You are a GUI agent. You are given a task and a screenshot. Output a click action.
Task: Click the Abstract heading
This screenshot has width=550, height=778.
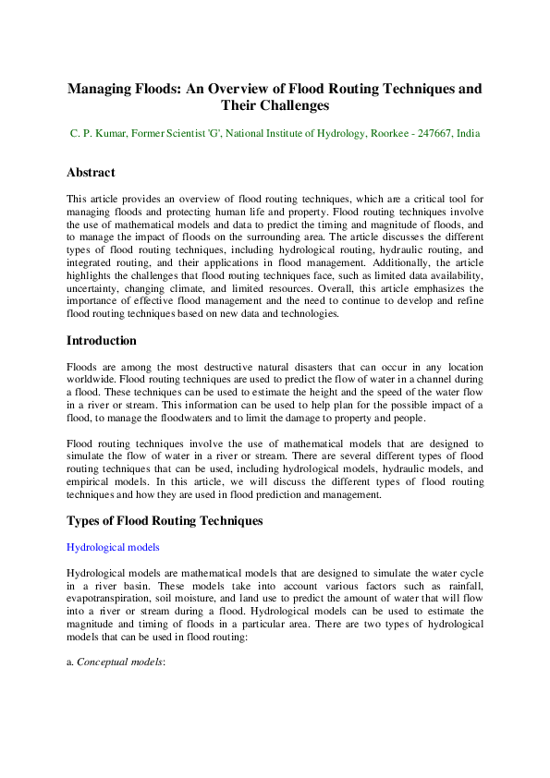[x=91, y=173]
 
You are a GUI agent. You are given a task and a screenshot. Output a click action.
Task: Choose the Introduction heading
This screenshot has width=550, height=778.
[x=102, y=341]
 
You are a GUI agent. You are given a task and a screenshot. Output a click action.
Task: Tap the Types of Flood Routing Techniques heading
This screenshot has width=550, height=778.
[x=165, y=521]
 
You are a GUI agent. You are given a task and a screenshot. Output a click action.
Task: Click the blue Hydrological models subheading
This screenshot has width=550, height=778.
[x=113, y=547]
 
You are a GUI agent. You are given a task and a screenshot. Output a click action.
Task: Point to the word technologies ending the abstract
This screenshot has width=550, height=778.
[x=312, y=315]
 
